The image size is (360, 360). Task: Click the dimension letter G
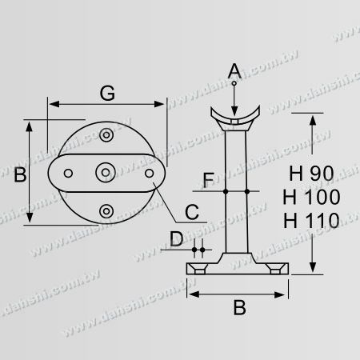coord(106,93)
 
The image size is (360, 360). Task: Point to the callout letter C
coord(192,212)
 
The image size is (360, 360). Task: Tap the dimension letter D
coord(175,238)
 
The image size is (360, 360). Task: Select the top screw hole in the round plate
coord(106,136)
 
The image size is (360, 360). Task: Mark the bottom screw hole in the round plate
coord(106,210)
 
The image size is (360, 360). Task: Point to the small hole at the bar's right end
coord(150,173)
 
